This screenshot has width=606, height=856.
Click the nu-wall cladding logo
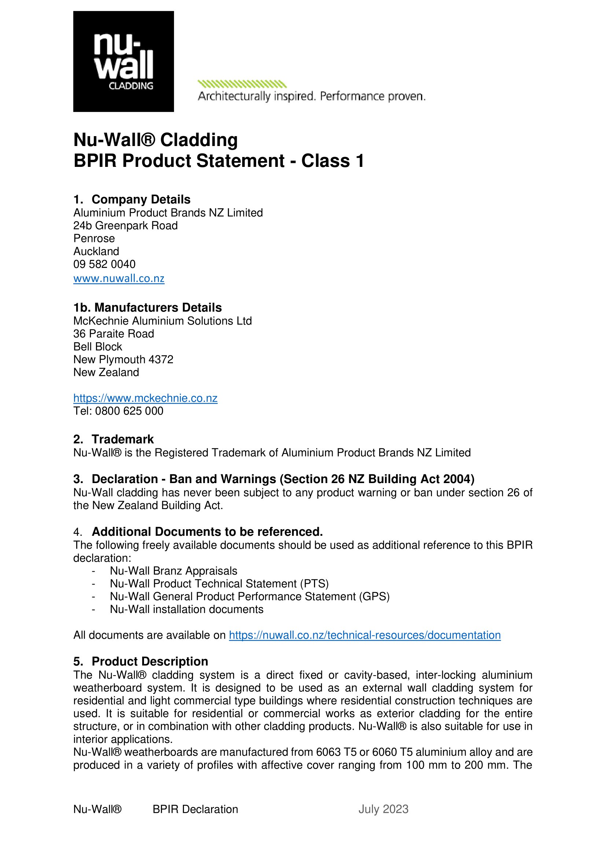click(x=123, y=61)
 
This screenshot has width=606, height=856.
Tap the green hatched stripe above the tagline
click(x=242, y=84)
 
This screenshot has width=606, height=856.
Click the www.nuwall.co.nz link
click(x=119, y=279)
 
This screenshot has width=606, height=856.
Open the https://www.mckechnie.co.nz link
click(x=145, y=398)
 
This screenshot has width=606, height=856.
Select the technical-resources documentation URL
click(x=365, y=635)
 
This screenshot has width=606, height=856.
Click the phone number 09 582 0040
click(x=104, y=264)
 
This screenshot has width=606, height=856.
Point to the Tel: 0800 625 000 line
click(x=118, y=411)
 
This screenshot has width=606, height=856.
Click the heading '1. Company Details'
click(x=132, y=199)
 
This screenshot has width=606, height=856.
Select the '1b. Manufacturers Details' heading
click(x=147, y=307)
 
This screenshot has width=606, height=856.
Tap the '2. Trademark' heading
click(x=114, y=439)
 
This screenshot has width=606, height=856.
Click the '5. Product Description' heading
click(x=141, y=661)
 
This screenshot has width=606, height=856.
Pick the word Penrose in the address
click(x=94, y=239)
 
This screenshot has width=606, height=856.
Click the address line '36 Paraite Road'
click(x=114, y=334)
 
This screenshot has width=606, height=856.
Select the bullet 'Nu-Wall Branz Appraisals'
click(x=174, y=571)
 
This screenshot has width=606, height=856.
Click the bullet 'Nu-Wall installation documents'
click(x=186, y=609)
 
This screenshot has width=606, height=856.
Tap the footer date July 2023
click(x=383, y=809)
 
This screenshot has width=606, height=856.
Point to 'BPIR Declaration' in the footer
click(x=195, y=809)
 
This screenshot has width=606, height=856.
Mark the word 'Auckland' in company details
click(x=96, y=251)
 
